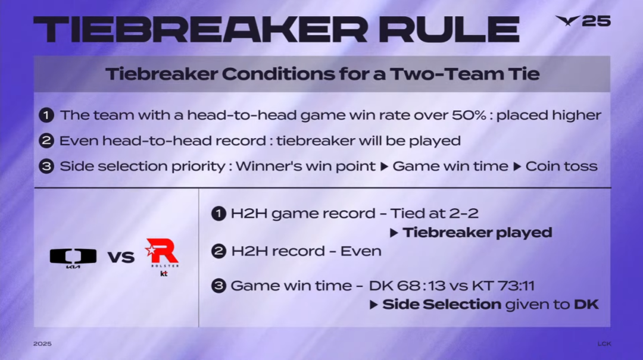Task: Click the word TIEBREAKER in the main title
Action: (x=200, y=30)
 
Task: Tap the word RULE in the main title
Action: (x=450, y=30)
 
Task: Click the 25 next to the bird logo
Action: (x=597, y=21)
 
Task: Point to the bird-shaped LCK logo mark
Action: (x=568, y=20)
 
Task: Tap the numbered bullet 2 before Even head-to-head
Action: (x=46, y=140)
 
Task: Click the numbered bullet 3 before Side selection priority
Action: (x=46, y=167)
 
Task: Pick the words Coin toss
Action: (x=561, y=166)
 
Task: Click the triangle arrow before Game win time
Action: (x=384, y=167)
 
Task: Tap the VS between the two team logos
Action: (x=121, y=257)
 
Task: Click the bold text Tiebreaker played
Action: (x=477, y=233)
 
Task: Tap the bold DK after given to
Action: (x=586, y=304)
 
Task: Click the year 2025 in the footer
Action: (x=42, y=343)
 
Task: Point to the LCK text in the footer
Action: (x=604, y=343)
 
